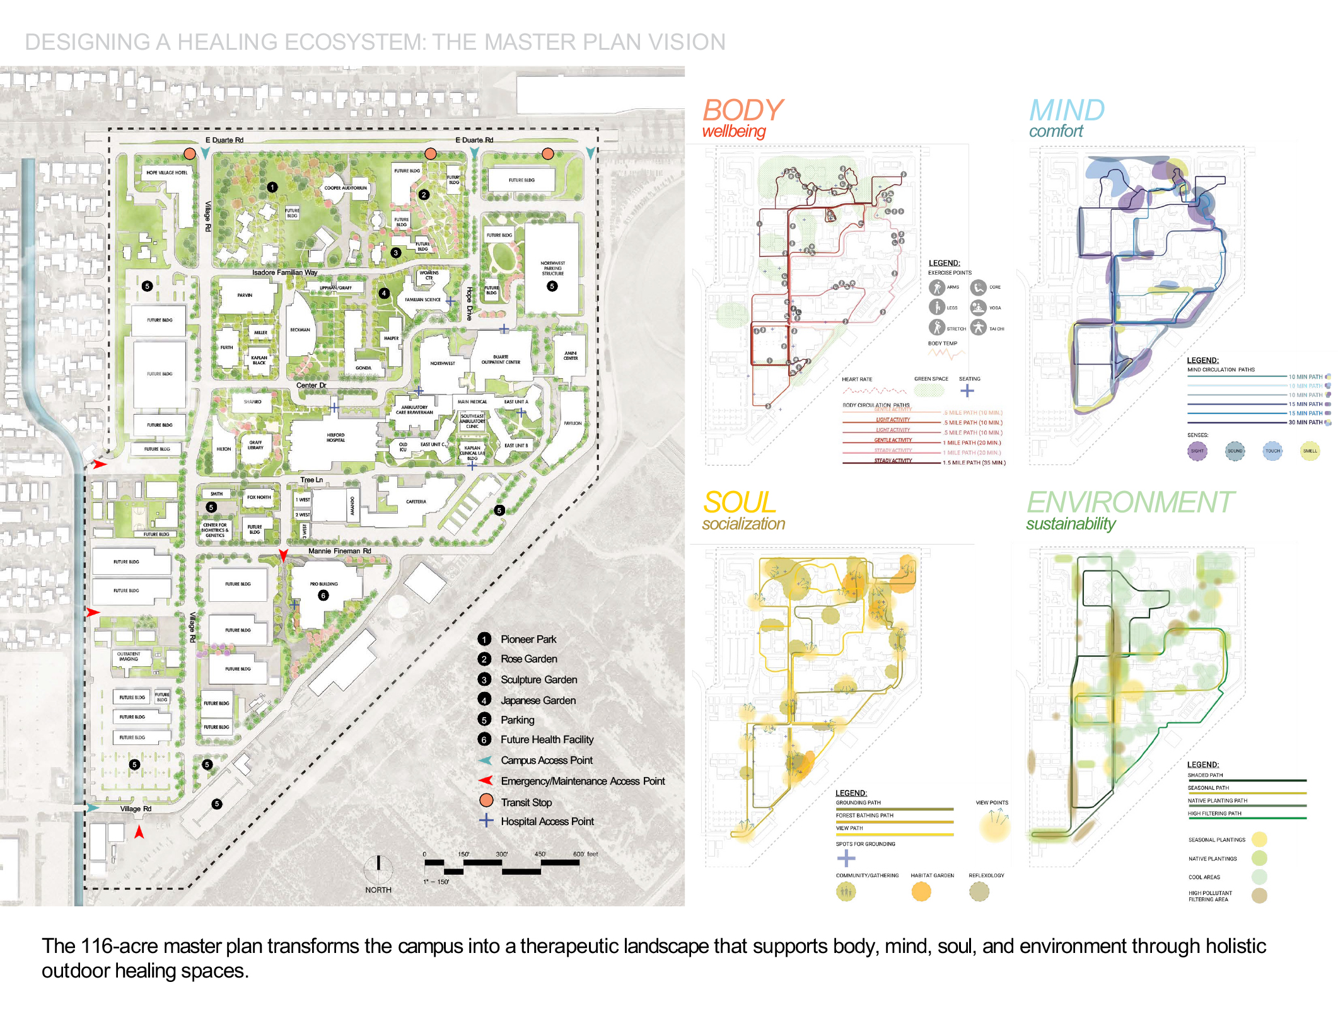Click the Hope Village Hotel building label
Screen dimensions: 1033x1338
pyautogui.click(x=166, y=172)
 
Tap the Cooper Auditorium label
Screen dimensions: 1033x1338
pyautogui.click(x=345, y=188)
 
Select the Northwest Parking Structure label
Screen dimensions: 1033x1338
pyautogui.click(x=552, y=268)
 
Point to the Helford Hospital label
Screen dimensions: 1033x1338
pyautogui.click(x=335, y=437)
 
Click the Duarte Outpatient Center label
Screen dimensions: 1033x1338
pyautogui.click(x=501, y=359)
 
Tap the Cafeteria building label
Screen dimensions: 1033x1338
pyautogui.click(x=416, y=502)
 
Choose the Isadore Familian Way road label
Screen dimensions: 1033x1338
pyautogui.click(x=284, y=272)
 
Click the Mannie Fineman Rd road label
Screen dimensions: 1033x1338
pyautogui.click(x=339, y=551)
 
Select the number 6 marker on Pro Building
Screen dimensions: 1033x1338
pyautogui.click(x=323, y=596)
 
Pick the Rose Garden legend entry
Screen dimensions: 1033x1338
pyautogui.click(x=528, y=659)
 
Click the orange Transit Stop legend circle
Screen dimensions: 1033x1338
pyautogui.click(x=486, y=800)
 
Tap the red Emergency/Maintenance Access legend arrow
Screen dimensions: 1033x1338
pyautogui.click(x=486, y=781)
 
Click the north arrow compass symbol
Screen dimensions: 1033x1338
pyautogui.click(x=378, y=870)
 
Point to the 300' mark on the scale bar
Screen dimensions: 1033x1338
pyautogui.click(x=501, y=854)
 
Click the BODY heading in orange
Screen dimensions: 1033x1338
pyautogui.click(x=742, y=110)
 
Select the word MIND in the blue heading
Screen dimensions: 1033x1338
pyautogui.click(x=1067, y=110)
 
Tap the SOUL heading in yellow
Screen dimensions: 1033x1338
pyautogui.click(x=739, y=503)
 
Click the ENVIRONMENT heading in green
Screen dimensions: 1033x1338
pyautogui.click(x=1129, y=503)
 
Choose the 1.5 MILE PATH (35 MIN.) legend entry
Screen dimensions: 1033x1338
pyautogui.click(x=974, y=463)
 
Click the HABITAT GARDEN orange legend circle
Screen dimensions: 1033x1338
pyautogui.click(x=921, y=891)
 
